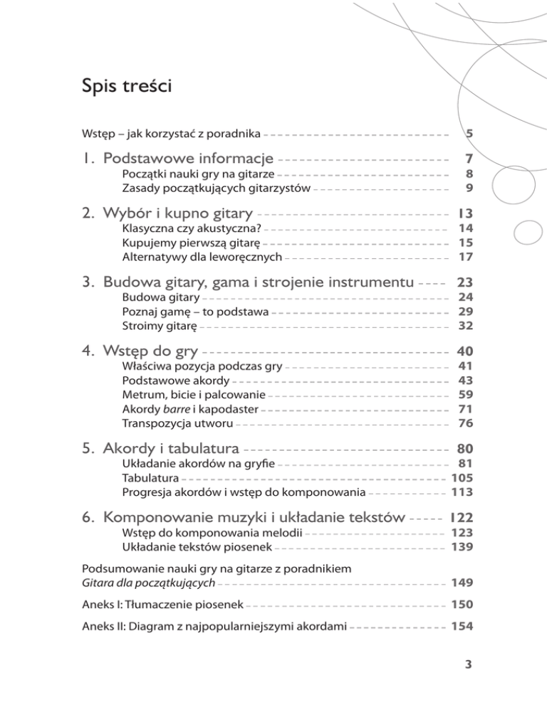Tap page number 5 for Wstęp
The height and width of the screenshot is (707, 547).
pos(469,133)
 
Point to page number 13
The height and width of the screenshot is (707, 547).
pos(466,213)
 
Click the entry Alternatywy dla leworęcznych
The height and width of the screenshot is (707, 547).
pos(203,256)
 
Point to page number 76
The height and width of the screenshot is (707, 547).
pos(466,422)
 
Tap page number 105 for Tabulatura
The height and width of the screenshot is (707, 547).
pos(462,477)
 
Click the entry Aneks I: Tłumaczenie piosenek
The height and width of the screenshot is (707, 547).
pos(163,605)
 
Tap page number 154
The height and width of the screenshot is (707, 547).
pos(462,628)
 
